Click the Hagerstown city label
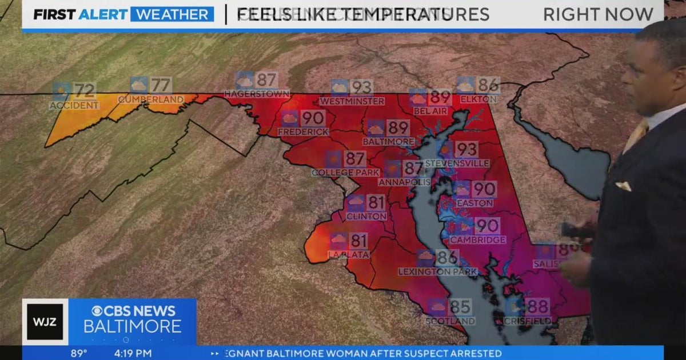(257, 94)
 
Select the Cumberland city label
(151, 99)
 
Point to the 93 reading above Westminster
(361, 87)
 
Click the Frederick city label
(303, 132)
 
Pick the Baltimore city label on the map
(388, 141)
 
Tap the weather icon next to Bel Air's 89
(418, 97)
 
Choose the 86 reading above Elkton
(488, 85)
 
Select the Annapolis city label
(404, 182)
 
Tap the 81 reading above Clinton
(376, 202)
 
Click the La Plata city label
(349, 254)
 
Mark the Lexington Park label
(438, 271)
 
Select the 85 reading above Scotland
(460, 307)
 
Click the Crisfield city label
(528, 321)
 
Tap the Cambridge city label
(477, 240)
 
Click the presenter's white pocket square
(623, 186)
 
